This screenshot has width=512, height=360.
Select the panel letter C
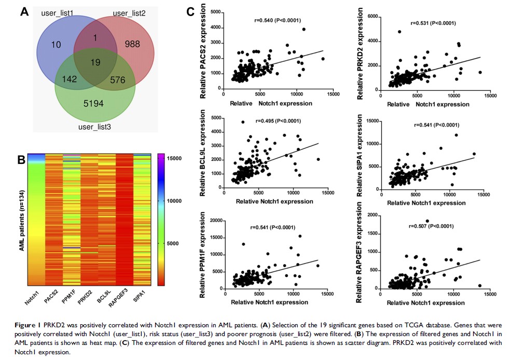(x=190, y=10)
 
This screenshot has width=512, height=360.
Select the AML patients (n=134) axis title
(x=22, y=219)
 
